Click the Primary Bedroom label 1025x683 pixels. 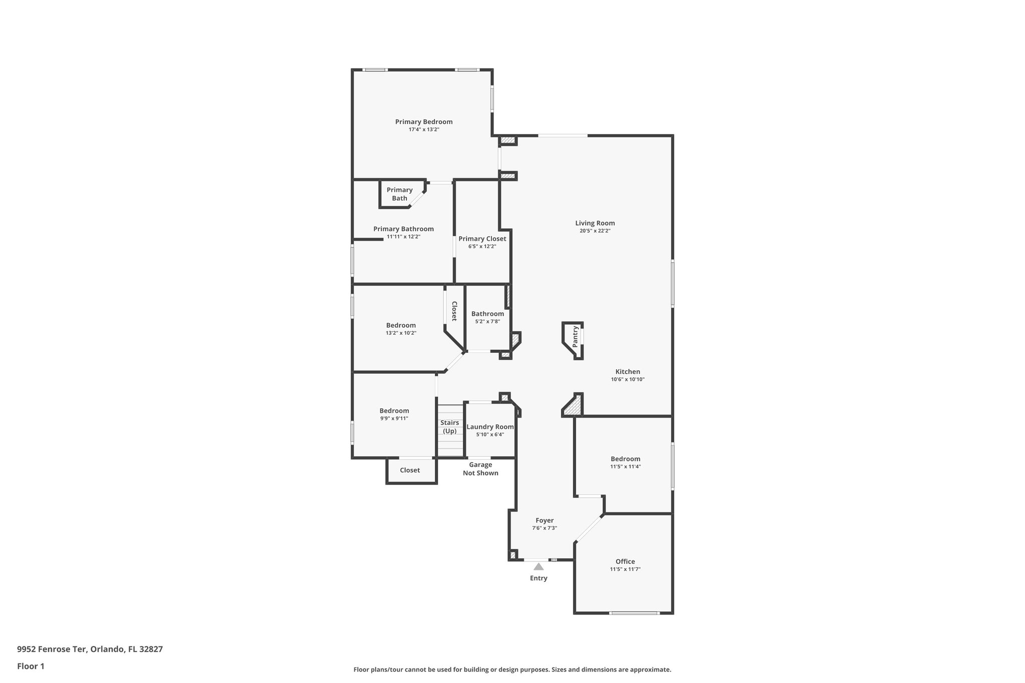423,122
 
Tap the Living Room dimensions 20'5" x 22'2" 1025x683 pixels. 595,231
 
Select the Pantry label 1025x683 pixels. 576,336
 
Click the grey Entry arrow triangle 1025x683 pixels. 539,567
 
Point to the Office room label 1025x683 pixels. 625,561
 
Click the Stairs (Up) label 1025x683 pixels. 449,427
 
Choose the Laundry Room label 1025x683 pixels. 490,427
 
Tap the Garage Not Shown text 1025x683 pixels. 480,469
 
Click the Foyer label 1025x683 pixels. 545,520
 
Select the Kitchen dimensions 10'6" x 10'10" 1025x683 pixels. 628,380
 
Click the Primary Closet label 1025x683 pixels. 482,239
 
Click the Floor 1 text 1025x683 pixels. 31,666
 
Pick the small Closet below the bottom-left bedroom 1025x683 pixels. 410,470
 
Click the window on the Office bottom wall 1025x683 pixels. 634,613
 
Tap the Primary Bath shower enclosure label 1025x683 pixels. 399,194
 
